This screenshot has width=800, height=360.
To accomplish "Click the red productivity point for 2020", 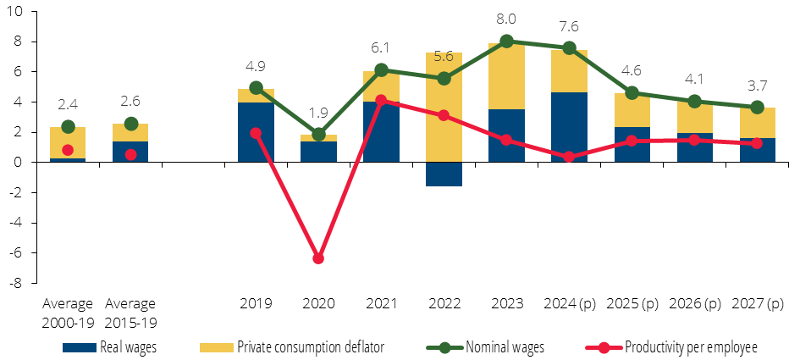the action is [318, 258].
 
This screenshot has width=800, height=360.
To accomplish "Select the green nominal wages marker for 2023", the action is [506, 42].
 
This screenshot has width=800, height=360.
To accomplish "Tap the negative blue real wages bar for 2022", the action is [444, 174].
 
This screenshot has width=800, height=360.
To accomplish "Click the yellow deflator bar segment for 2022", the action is [444, 108].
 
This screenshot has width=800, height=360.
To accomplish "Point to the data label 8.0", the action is [506, 19].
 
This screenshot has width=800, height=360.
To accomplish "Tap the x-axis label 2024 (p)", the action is [570, 304].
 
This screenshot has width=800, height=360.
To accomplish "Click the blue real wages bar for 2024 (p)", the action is [570, 127].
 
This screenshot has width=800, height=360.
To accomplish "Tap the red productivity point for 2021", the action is [381, 101].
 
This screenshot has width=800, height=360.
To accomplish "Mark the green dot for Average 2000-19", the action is [68, 127].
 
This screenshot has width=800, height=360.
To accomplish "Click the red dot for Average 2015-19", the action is [130, 155].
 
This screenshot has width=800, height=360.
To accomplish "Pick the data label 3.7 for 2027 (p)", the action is [757, 85].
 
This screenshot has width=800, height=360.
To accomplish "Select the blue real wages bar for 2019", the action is [257, 132].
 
